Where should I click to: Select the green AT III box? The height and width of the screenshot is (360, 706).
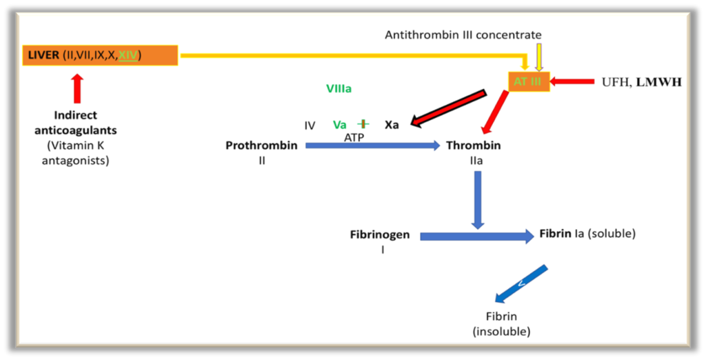[x=529, y=81]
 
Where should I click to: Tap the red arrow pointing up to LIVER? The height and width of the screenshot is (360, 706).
[x=77, y=89]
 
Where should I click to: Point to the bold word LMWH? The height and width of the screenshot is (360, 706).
[x=658, y=82]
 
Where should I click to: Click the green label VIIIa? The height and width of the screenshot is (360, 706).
[x=343, y=88]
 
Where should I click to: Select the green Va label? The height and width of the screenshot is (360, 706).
[x=339, y=125]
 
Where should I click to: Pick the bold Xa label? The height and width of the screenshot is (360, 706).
[x=392, y=125]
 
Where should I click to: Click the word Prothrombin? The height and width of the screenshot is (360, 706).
[x=261, y=146]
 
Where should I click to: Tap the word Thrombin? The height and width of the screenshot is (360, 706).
[x=473, y=146]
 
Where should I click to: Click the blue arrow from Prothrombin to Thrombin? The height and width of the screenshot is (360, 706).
[x=372, y=146]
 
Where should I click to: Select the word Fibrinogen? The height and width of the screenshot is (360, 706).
[x=380, y=234]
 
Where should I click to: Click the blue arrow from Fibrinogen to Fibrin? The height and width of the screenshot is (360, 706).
[x=476, y=237]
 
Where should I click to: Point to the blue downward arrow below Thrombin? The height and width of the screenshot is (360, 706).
[x=478, y=199]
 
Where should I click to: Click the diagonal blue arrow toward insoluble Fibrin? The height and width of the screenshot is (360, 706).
[x=521, y=283]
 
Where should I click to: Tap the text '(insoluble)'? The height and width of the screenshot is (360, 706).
[x=501, y=332]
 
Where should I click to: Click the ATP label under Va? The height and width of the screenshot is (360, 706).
[x=354, y=137]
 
